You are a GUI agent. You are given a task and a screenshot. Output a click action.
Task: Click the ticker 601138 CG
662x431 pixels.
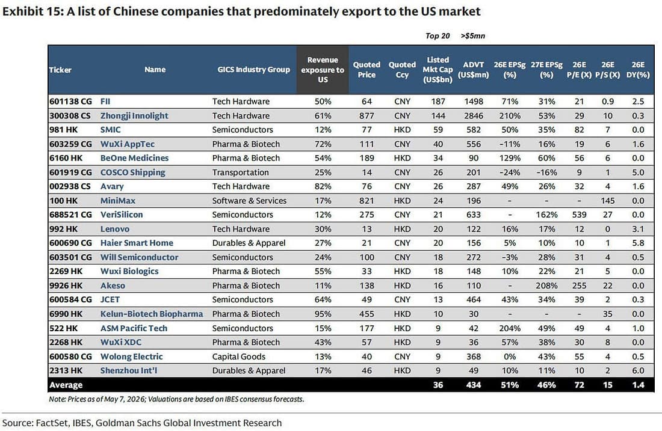pos(70,101)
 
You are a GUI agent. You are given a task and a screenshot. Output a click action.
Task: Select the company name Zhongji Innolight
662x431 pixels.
pos(134,115)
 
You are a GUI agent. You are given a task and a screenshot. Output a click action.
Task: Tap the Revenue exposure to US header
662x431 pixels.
pos(323,70)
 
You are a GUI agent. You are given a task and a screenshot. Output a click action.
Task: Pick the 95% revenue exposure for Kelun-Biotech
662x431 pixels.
pos(323,314)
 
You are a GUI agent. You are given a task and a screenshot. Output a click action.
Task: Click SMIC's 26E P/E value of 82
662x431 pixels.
pos(579,129)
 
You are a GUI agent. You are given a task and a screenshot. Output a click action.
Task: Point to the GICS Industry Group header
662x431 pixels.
pos(254,70)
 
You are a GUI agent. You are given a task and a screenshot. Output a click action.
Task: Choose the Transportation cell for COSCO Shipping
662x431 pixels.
pos(240,172)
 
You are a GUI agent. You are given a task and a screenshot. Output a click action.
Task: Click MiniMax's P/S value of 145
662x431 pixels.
pos(608,201)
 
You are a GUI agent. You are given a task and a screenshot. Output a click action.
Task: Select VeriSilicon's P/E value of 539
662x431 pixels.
pos(579,215)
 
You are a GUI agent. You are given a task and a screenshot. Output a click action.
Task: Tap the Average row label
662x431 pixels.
pos(66,385)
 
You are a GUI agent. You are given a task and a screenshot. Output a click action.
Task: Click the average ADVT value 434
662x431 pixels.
pos(473,385)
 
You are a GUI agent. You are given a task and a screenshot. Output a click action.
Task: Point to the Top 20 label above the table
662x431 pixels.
pos(438,36)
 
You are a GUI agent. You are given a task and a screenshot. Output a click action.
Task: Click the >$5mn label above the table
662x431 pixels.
pos(473,36)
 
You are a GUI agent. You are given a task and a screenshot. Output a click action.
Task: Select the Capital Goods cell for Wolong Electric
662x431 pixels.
pos(238,356)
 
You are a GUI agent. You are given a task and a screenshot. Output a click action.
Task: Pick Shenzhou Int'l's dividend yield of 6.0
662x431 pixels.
pos(638,371)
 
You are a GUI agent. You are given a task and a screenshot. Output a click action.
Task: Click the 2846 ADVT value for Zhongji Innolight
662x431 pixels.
pos(473,115)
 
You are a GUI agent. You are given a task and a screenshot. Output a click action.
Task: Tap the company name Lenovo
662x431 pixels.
pos(115,229)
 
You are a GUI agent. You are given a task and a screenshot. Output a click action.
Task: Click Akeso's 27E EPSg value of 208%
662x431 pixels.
pos(546,286)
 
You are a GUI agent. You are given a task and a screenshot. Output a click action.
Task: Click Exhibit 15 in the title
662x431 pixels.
pos(32,11)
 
